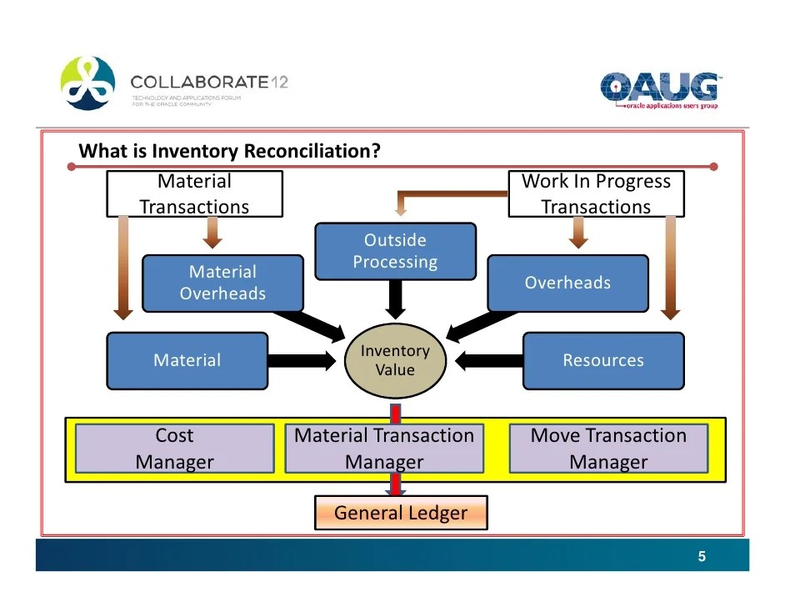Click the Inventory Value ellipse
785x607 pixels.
coord(395,361)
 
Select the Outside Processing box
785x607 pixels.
coord(395,251)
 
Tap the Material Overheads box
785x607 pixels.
coord(222,283)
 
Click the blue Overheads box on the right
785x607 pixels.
coord(567,283)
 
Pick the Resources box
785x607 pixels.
coord(603,361)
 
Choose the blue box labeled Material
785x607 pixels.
coord(187,361)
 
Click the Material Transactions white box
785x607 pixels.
coord(194,194)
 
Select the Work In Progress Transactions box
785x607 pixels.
coord(596,194)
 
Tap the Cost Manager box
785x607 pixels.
coord(175,449)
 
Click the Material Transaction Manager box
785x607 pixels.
coord(384,449)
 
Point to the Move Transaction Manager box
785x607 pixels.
coord(608,449)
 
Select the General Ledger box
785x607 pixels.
coord(401,514)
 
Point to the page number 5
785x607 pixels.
coord(702,557)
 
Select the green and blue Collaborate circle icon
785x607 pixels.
coord(87,83)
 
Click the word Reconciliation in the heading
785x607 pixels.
coord(312,152)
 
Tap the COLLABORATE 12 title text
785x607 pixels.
coord(209,83)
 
